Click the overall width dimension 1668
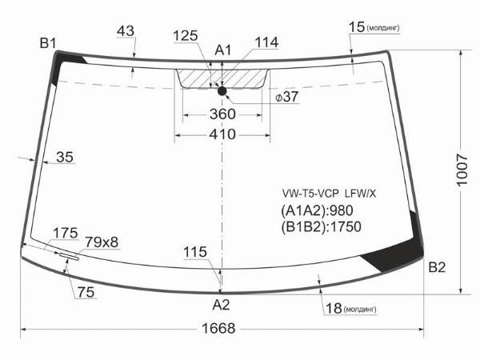coord(218,329)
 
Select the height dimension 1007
coord(462,170)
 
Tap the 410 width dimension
coord(222,134)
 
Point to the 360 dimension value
coord(222,114)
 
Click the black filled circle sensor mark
coord(222,91)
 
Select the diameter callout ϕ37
coord(286,97)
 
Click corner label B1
coord(48,43)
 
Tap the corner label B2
coord(437,267)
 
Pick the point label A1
coord(223,50)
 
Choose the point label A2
coord(221,305)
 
